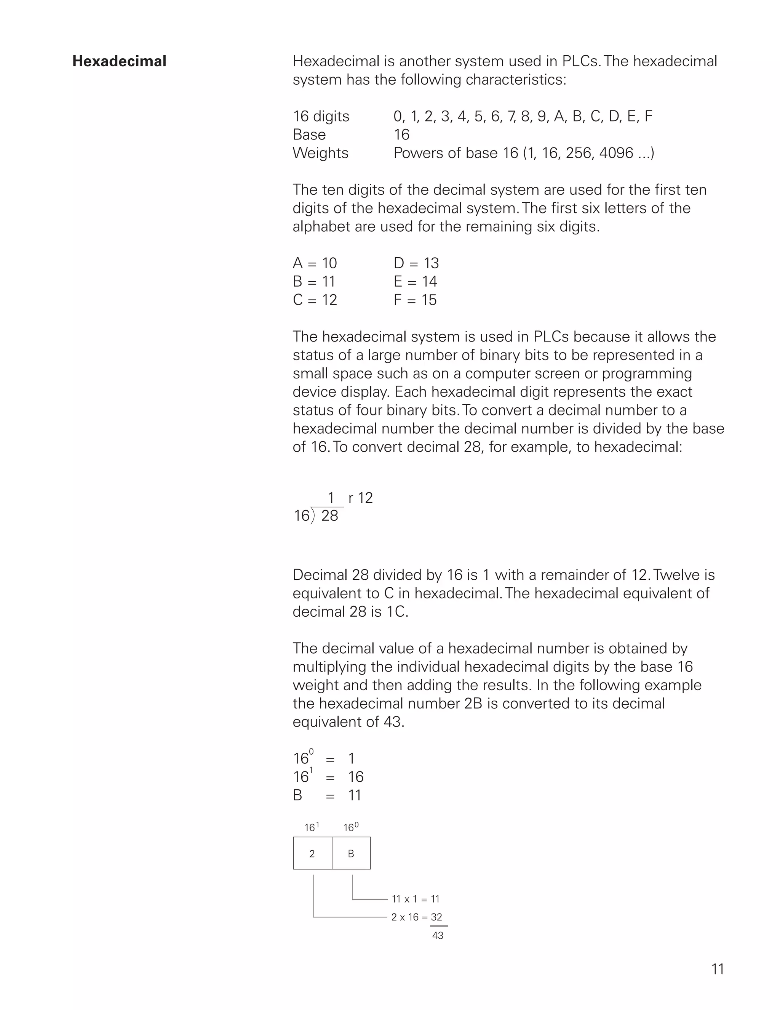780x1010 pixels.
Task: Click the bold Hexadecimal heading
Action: [119, 61]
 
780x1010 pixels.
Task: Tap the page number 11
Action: [718, 969]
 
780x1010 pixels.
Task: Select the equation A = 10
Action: [315, 263]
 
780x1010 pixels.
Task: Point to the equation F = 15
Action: [415, 300]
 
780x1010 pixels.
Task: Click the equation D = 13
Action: [416, 263]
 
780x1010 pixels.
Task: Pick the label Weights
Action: [320, 153]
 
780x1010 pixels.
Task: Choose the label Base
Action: [309, 135]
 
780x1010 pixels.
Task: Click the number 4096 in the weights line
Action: [616, 153]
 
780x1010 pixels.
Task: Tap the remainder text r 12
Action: [360, 498]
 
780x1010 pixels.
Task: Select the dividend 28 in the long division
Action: [329, 516]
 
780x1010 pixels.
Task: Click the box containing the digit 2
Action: [312, 853]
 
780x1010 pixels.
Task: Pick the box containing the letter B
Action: [351, 853]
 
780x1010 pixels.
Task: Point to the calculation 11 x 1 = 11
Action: [416, 899]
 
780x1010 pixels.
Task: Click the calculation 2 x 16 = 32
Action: [416, 917]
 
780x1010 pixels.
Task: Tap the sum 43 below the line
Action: [438, 936]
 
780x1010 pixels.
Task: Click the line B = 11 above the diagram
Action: [327, 795]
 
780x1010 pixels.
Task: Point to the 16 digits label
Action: [321, 116]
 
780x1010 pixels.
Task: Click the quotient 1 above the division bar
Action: [331, 498]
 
